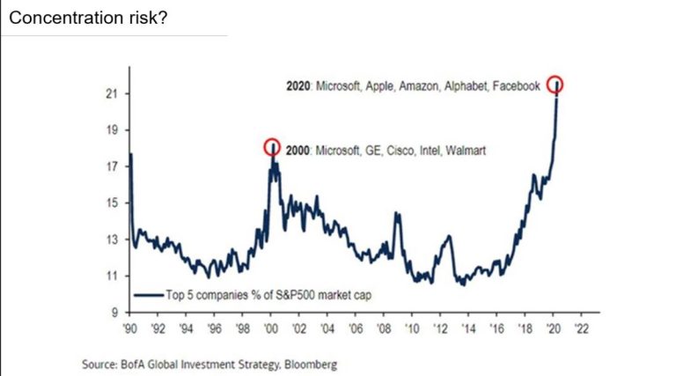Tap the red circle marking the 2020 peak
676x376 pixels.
(x=555, y=85)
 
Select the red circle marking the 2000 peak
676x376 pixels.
(x=273, y=147)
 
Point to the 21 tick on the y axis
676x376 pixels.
(x=116, y=94)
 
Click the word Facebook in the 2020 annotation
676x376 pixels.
(x=516, y=87)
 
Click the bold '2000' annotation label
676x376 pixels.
(x=299, y=151)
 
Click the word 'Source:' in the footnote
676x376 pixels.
(x=98, y=363)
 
